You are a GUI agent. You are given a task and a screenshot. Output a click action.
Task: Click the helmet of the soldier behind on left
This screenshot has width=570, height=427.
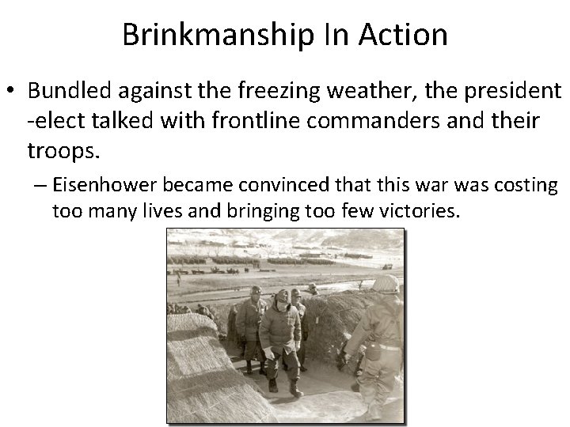click(256, 291)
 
